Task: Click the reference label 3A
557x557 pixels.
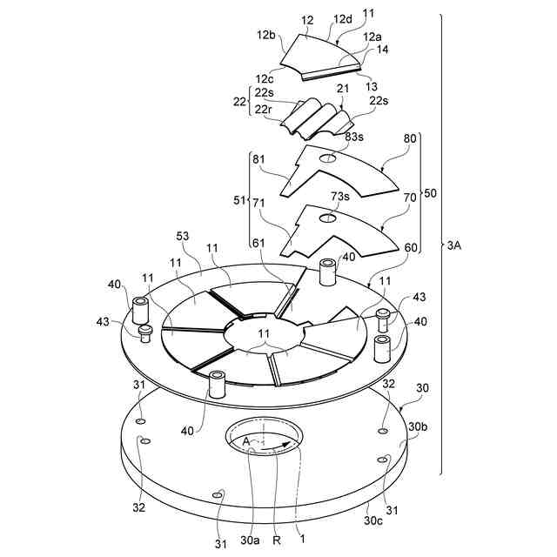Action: pyautogui.click(x=454, y=247)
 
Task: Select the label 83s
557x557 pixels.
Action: pyautogui.click(x=354, y=137)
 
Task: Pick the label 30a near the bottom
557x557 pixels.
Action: pyautogui.click(x=250, y=540)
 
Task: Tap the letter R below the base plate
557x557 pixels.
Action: pyautogui.click(x=276, y=540)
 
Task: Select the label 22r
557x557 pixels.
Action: pyautogui.click(x=264, y=109)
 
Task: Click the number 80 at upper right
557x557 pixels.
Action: pyautogui.click(x=411, y=138)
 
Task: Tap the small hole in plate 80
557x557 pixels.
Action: pyautogui.click(x=329, y=158)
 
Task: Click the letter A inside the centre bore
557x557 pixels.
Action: pyautogui.click(x=246, y=442)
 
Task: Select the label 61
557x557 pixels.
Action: pyautogui.click(x=259, y=243)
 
